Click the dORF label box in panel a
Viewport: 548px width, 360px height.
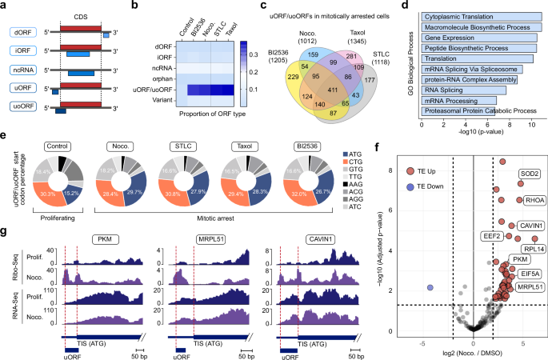click(x=20, y=32)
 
